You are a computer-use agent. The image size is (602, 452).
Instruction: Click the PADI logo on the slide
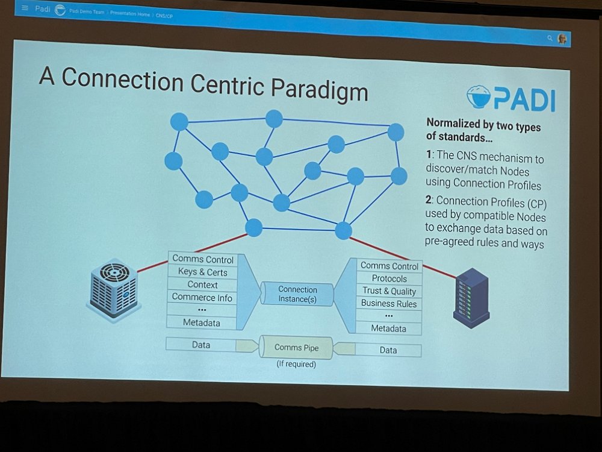[x=510, y=98]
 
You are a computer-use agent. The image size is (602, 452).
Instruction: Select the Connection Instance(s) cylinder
[x=297, y=294]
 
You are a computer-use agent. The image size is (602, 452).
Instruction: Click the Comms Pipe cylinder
[x=296, y=347]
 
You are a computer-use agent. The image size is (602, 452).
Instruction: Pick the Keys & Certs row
[x=202, y=272]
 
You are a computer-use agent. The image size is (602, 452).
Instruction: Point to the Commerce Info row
[x=202, y=297]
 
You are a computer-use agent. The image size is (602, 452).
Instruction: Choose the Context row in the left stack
[x=202, y=284]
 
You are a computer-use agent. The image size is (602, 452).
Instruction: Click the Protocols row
[x=389, y=278]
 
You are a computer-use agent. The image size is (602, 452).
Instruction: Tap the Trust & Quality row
[x=389, y=291]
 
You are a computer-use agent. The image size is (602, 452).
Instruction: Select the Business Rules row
[x=389, y=304]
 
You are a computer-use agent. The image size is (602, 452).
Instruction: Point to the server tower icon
[x=471, y=297]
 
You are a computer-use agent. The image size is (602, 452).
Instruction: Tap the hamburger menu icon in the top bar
[x=25, y=8]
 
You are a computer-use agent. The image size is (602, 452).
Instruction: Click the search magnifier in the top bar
[x=550, y=38]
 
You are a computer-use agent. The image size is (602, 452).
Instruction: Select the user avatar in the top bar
[x=562, y=39]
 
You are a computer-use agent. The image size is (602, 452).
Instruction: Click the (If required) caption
[x=296, y=364]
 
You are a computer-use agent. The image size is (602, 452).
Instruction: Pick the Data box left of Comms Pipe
[x=201, y=345]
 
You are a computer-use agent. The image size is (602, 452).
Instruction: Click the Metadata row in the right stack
[x=388, y=328]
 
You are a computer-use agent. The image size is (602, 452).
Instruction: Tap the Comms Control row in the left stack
[x=202, y=259]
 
